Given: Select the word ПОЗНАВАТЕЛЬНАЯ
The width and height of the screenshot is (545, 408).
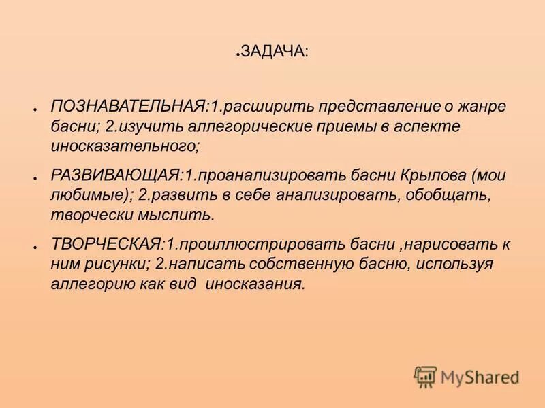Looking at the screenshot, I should click(x=129, y=107).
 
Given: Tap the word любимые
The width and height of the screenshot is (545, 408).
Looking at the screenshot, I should click(x=90, y=196).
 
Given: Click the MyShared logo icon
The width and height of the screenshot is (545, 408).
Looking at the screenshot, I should click(x=425, y=376).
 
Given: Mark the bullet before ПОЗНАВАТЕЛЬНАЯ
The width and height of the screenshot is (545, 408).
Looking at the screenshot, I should click(x=33, y=109).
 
